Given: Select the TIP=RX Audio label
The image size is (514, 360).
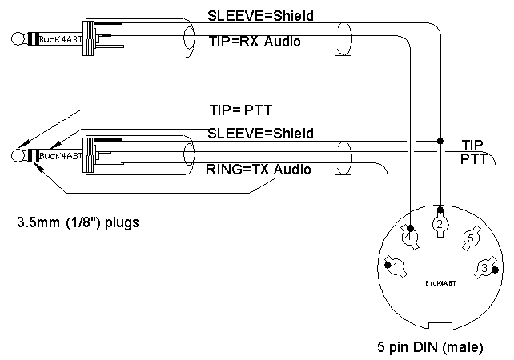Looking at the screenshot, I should [255, 41].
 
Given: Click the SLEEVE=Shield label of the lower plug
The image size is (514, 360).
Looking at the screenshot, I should [260, 132].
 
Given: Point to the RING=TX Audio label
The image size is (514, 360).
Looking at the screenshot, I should [259, 170].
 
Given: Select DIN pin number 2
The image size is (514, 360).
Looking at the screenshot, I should [439, 225].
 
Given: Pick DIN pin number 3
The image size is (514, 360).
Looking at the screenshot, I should [484, 267].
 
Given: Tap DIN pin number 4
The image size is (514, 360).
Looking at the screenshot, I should [408, 237].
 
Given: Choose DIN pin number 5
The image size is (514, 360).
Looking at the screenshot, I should [472, 238].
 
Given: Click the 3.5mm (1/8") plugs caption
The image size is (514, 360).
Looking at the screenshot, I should [78, 222].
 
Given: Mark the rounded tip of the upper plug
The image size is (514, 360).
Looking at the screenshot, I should [17, 38].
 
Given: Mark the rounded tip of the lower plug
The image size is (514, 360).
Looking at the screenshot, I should [18, 155].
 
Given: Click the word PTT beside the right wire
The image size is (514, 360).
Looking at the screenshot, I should [472, 159].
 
